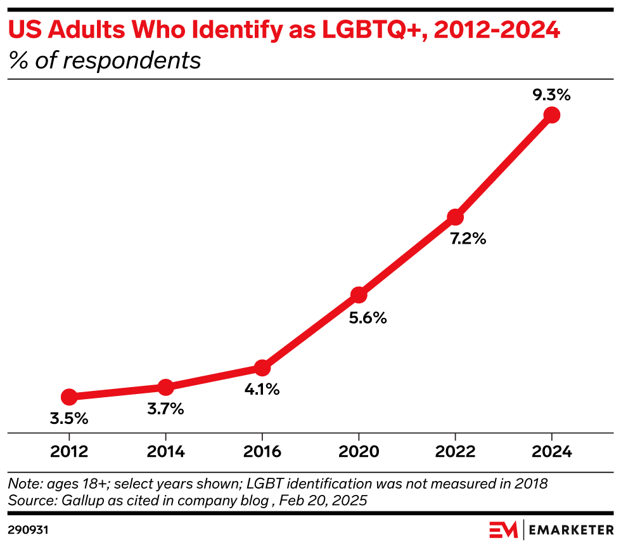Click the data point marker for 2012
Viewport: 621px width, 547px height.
[69, 397]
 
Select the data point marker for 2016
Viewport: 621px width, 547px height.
[262, 368]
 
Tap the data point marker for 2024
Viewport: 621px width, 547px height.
[552, 115]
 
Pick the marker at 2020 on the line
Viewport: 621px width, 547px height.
[359, 294]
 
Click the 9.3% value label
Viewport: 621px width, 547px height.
[552, 96]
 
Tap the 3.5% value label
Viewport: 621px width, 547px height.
[69, 419]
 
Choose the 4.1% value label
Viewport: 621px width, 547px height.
[261, 390]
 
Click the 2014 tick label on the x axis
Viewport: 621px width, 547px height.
[165, 452]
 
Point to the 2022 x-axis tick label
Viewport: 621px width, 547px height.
[456, 452]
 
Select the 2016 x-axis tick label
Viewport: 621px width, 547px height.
[262, 452]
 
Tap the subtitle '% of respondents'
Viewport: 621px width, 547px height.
[105, 61]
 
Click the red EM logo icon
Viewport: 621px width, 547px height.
[503, 529]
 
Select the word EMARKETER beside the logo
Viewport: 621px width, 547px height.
[571, 529]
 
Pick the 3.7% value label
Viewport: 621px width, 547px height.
[165, 409]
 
